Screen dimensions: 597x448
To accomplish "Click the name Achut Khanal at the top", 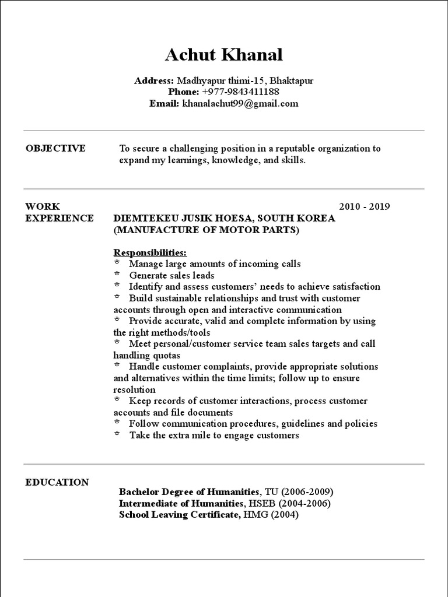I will pos(223,55).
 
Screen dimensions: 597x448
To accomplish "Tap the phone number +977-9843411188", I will pos(240,92).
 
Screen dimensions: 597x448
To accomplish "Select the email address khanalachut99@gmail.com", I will pos(240,104).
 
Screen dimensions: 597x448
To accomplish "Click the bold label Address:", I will pos(154,80).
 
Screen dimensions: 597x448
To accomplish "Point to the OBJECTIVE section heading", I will pos(55,149).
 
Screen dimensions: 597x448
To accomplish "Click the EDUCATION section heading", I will pos(57,482).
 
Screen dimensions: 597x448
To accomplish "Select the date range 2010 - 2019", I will pos(364,206).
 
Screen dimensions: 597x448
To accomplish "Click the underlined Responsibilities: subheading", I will pos(150,252).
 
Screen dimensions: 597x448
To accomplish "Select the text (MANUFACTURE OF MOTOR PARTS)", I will pos(206,230).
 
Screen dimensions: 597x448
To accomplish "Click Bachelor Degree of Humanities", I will pos(189,491).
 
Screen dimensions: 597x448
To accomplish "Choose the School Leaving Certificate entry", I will pos(179,515).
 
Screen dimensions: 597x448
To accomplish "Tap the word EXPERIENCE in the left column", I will pos(60,218).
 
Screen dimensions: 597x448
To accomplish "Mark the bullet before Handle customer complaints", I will pos(117,366).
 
